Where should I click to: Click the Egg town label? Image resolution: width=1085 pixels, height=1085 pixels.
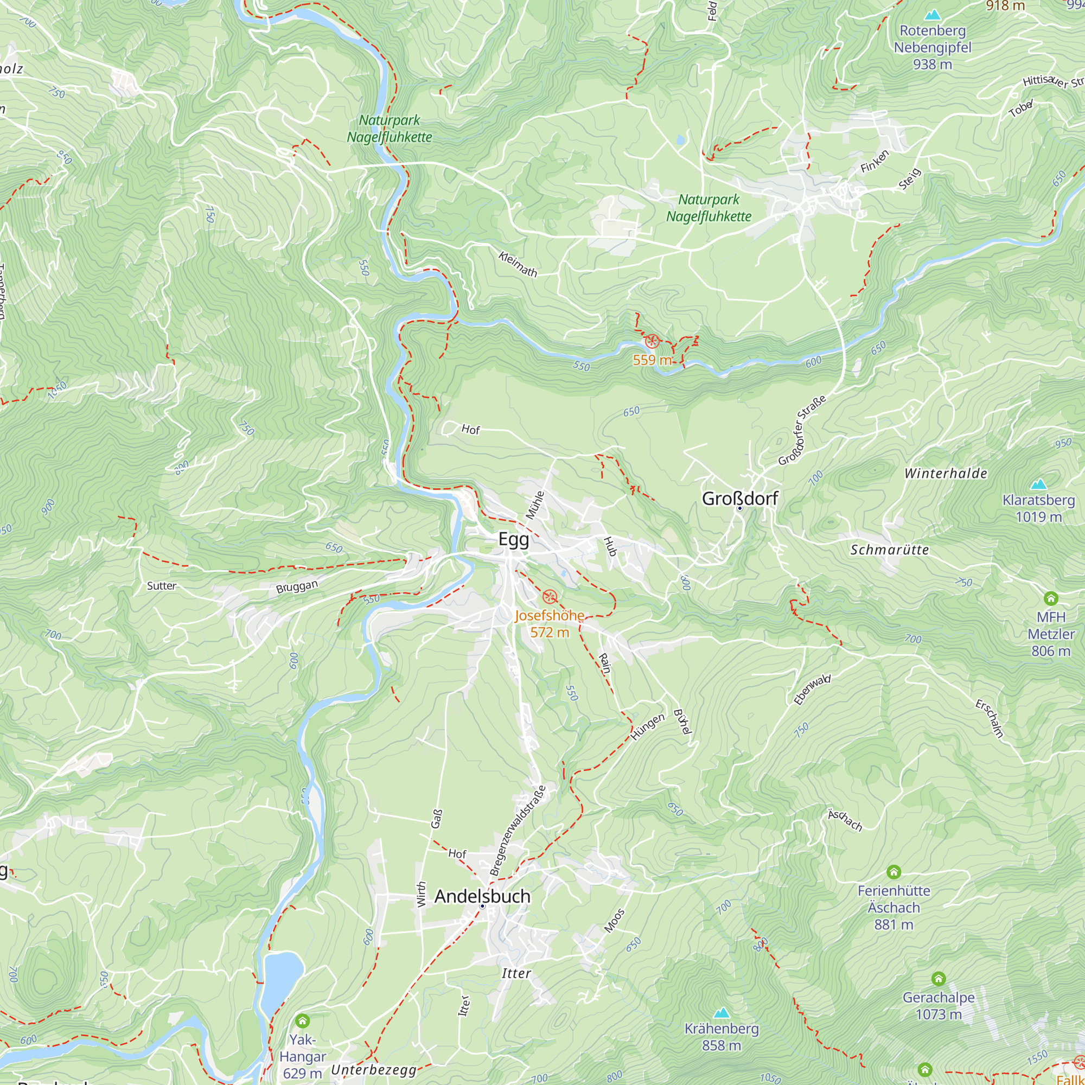click(x=513, y=540)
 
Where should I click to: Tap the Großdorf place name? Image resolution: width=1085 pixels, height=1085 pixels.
click(x=739, y=498)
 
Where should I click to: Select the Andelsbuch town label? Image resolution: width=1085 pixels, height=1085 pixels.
click(x=482, y=896)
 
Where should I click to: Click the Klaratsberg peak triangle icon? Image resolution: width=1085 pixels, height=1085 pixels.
click(x=1038, y=483)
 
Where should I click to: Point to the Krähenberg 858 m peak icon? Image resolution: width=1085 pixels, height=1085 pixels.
click(x=721, y=1013)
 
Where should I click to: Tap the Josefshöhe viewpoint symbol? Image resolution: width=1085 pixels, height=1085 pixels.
click(x=549, y=596)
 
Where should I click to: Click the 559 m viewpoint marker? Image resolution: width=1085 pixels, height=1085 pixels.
click(x=652, y=341)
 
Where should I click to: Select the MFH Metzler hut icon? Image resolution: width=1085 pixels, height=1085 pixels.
click(x=1051, y=598)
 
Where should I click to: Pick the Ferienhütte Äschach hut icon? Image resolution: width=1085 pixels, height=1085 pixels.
click(x=893, y=872)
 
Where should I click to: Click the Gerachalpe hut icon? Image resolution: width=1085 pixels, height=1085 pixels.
click(x=939, y=979)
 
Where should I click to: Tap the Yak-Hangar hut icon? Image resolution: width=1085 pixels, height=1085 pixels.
click(x=302, y=1020)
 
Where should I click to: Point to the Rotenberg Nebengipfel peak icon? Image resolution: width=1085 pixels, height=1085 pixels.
click(x=932, y=15)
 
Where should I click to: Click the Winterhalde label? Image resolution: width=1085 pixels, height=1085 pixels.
click(x=946, y=474)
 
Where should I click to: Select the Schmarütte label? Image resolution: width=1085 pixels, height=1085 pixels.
click(x=889, y=550)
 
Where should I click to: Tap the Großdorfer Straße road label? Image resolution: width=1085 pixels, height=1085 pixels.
click(x=802, y=430)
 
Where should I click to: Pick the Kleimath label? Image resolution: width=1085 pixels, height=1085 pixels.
click(x=518, y=264)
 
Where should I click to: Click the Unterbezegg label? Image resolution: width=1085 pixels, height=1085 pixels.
click(x=373, y=1070)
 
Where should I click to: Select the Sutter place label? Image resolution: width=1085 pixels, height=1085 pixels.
click(x=161, y=586)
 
